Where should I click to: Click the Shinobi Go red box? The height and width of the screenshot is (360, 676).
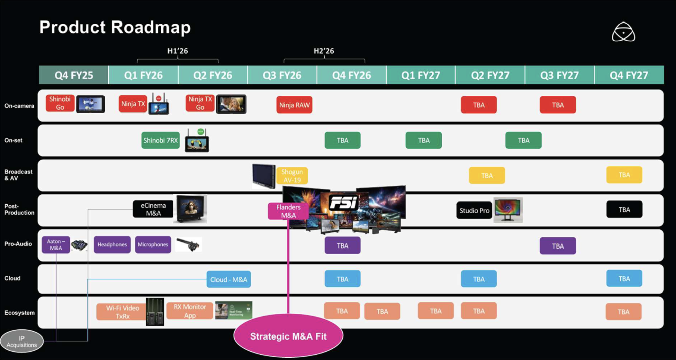click(60, 103)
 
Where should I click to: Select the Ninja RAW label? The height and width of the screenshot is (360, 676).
click(294, 105)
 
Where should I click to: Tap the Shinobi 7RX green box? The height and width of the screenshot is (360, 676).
click(160, 140)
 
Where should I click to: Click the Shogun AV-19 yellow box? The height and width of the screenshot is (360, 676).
click(292, 176)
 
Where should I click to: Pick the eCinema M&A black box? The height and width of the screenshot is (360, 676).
click(153, 209)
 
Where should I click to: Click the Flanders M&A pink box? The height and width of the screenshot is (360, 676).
click(288, 211)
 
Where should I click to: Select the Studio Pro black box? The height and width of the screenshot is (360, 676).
click(474, 211)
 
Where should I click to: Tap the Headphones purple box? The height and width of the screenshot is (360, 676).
click(112, 244)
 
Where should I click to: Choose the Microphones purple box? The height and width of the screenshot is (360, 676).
click(153, 244)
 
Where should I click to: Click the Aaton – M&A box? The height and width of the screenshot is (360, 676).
click(56, 245)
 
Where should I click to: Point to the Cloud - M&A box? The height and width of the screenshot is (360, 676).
click(229, 279)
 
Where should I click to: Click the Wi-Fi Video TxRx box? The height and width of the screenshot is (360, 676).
click(122, 312)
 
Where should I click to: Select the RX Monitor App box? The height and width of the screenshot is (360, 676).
click(190, 311)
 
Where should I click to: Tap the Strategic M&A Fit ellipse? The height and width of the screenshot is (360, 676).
click(288, 336)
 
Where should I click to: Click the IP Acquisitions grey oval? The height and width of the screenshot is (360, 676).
click(22, 342)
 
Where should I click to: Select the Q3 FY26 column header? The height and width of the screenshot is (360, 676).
click(282, 75)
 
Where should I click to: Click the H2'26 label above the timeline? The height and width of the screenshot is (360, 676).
click(324, 51)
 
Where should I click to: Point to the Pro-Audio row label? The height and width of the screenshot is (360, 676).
click(18, 244)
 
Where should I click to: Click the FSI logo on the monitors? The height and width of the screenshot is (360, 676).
click(343, 203)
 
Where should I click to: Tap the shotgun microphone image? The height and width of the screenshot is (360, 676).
click(189, 244)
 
